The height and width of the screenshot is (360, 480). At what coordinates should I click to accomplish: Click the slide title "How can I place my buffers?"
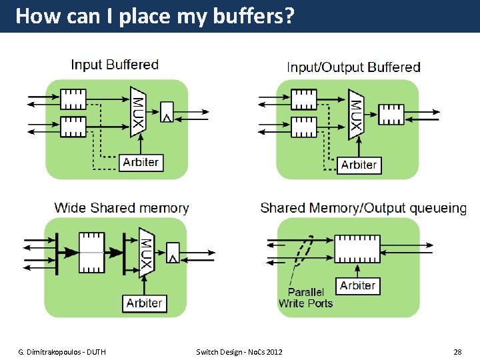click(x=154, y=16)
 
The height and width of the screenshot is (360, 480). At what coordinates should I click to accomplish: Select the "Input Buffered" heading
click(x=115, y=65)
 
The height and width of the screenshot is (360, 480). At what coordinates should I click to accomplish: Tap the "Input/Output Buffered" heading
click(x=353, y=67)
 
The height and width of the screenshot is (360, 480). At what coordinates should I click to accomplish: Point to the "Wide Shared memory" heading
click(x=121, y=208)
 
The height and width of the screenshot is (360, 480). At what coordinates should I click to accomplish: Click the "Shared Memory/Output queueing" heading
click(x=363, y=208)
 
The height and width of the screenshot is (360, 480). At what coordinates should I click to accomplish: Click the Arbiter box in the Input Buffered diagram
click(x=141, y=162)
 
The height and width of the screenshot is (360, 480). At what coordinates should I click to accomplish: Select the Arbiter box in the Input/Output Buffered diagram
click(x=359, y=165)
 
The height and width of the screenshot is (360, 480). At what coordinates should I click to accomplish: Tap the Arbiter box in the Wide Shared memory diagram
click(x=144, y=303)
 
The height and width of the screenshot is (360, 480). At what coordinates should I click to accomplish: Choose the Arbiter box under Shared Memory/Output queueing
click(x=358, y=286)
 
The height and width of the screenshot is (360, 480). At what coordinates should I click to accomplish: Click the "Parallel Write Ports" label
click(x=305, y=297)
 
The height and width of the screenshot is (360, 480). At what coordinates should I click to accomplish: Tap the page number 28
click(x=457, y=351)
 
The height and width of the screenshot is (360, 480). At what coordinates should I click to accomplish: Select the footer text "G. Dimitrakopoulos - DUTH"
click(x=62, y=351)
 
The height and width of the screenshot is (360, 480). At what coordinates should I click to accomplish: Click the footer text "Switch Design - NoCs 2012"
click(x=239, y=351)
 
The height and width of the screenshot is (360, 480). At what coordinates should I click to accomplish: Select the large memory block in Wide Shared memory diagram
click(x=91, y=253)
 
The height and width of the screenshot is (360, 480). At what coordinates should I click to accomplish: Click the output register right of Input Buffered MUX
click(x=167, y=113)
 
